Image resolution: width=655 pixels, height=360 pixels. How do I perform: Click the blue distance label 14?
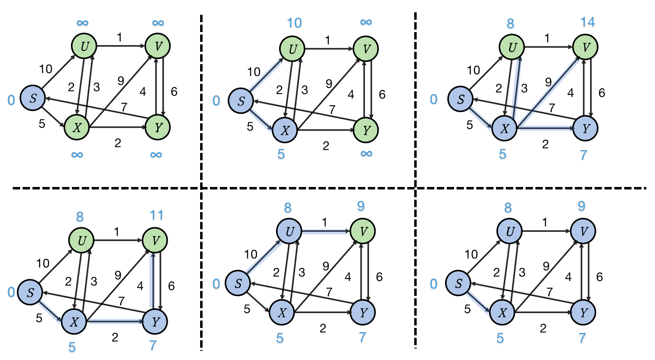588,22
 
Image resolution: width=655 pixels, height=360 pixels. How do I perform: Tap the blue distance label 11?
157,215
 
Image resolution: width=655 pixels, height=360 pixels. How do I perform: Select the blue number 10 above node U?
294,23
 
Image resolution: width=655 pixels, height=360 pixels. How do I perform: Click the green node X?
77,127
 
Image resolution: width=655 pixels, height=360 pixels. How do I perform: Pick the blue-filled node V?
583,231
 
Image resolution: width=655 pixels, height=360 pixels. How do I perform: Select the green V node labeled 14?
586,47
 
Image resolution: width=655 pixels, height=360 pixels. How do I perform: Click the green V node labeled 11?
155,240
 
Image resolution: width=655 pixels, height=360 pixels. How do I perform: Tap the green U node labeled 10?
292,49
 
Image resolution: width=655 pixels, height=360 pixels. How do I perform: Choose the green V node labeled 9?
362,231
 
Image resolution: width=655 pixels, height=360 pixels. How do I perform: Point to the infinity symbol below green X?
77,155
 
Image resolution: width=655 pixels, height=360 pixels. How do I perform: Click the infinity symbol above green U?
82,23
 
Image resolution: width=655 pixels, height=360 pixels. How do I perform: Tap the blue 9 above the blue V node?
581,206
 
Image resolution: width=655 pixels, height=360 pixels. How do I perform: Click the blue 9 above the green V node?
361,206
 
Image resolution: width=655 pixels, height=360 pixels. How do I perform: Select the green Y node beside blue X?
366,130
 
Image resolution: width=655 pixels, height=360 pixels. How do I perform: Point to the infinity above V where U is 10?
366,22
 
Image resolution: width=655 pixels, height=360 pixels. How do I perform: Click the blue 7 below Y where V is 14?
584,155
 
